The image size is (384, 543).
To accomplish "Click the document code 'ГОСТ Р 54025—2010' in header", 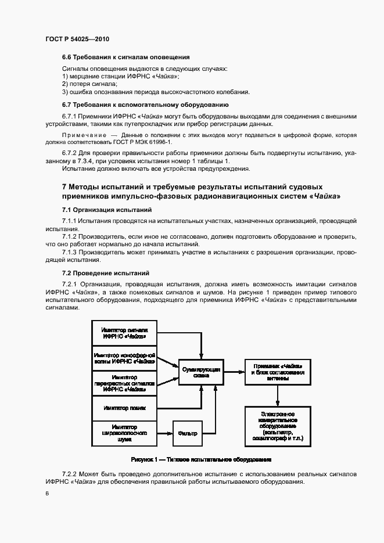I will [77, 39].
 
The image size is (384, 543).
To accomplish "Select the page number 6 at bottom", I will [46, 494].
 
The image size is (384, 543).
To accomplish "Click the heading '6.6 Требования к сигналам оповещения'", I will [126, 57].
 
